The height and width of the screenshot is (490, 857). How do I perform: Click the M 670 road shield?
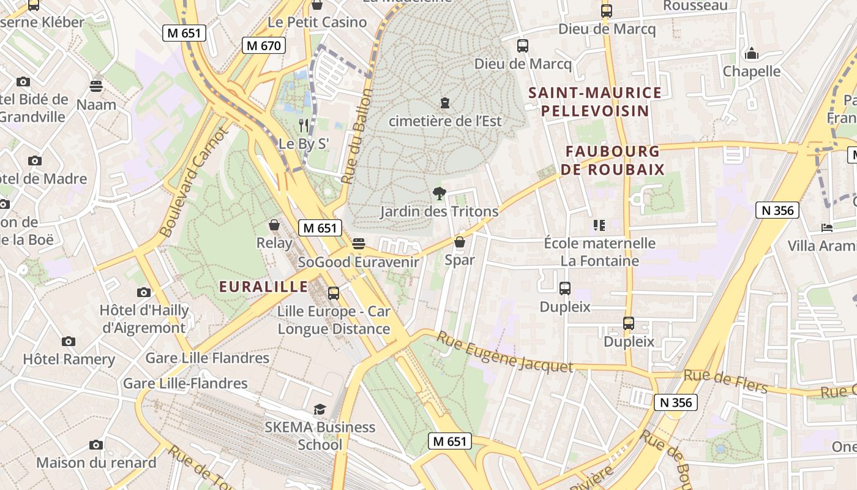pyautogui.click(x=264, y=45)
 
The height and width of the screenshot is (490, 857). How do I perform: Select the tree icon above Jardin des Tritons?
pyautogui.click(x=439, y=194)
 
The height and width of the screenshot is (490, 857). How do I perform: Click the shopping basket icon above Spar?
pyautogui.click(x=460, y=243)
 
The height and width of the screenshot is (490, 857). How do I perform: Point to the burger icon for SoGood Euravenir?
pyautogui.click(x=359, y=244)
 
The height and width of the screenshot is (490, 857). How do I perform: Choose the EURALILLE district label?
pyautogui.click(x=264, y=287)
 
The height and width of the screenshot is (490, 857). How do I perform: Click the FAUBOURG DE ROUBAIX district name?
pyautogui.click(x=615, y=160)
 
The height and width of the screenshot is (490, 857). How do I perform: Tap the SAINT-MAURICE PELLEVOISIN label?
pyautogui.click(x=595, y=102)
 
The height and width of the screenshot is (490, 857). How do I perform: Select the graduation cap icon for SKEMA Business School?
pyautogui.click(x=320, y=409)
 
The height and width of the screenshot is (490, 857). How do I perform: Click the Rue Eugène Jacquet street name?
pyautogui.click(x=505, y=353)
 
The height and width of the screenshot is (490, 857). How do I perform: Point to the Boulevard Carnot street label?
pyautogui.click(x=194, y=182)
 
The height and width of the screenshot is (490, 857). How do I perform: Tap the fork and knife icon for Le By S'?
pyautogui.click(x=304, y=126)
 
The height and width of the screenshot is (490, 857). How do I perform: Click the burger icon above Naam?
pyautogui.click(x=96, y=86)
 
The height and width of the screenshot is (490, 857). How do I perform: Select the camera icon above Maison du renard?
pyautogui.click(x=96, y=445)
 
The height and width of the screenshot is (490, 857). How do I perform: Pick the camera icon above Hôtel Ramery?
pyautogui.click(x=69, y=341)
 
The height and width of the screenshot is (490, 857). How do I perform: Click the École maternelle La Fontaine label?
pyautogui.click(x=599, y=252)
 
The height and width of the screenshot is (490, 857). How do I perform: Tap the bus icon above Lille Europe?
pyautogui.click(x=334, y=293)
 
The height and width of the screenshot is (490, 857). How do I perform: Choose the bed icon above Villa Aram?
pyautogui.click(x=827, y=228)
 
